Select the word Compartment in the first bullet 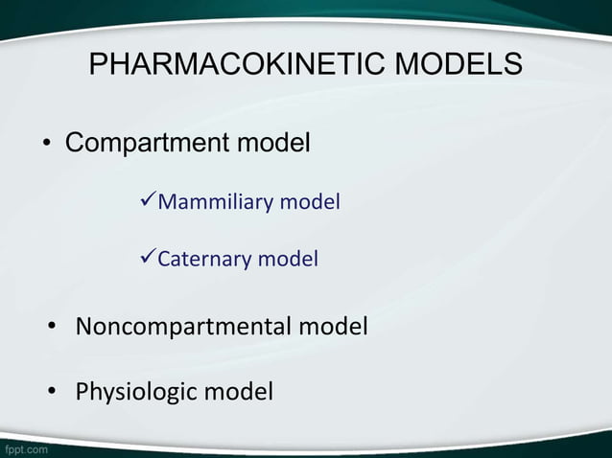point(147,145)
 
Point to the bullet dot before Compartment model point(45,146)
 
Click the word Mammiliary point(215,202)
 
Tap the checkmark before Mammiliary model point(148,201)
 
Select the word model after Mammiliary point(310,202)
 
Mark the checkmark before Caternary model point(148,258)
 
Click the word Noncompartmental point(183,327)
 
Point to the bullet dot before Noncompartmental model point(55,328)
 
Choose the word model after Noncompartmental point(332,327)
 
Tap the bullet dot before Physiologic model point(55,392)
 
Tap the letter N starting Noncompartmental point(84,327)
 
